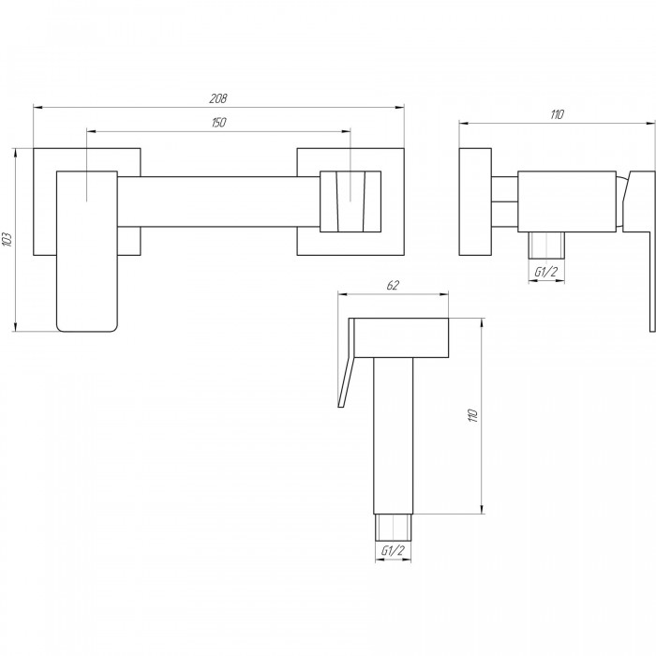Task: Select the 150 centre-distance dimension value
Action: [x=220, y=123]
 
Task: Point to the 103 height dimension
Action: [x=9, y=238]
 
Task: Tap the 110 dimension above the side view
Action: [x=558, y=114]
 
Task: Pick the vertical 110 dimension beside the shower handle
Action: [x=473, y=414]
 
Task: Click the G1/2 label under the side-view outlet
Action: [x=545, y=272]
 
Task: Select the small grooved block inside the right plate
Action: [x=350, y=201]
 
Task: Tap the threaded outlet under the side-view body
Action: [x=545, y=245]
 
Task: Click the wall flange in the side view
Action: [x=476, y=201]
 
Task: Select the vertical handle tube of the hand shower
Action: [x=393, y=440]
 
